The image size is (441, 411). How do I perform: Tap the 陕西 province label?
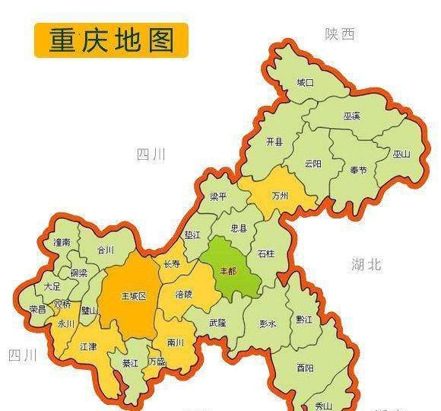pyautogui.click(x=340, y=34)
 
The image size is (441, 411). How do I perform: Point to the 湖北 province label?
pyautogui.click(x=366, y=265)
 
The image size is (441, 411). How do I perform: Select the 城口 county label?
pyautogui.click(x=305, y=81)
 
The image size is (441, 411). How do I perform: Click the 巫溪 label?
pyautogui.click(x=351, y=116)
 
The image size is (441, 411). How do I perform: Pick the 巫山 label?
pyautogui.click(x=401, y=154)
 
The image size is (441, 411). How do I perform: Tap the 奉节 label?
pyautogui.click(x=358, y=170)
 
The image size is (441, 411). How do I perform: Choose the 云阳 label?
pyautogui.click(x=313, y=163)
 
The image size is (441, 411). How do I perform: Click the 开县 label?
pyautogui.click(x=274, y=142)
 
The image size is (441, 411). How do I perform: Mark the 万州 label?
pyautogui.click(x=280, y=196)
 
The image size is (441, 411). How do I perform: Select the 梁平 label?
pyautogui.click(x=219, y=196)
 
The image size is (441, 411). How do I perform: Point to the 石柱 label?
pyautogui.click(x=266, y=253)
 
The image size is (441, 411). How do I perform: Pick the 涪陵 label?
pyautogui.click(x=184, y=293)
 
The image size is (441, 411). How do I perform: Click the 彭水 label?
pyautogui.click(x=268, y=323)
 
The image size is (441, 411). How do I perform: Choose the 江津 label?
pyautogui.click(x=90, y=346)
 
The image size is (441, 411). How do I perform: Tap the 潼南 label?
pyautogui.click(x=62, y=242)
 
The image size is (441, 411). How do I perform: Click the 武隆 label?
pyautogui.click(x=218, y=322)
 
